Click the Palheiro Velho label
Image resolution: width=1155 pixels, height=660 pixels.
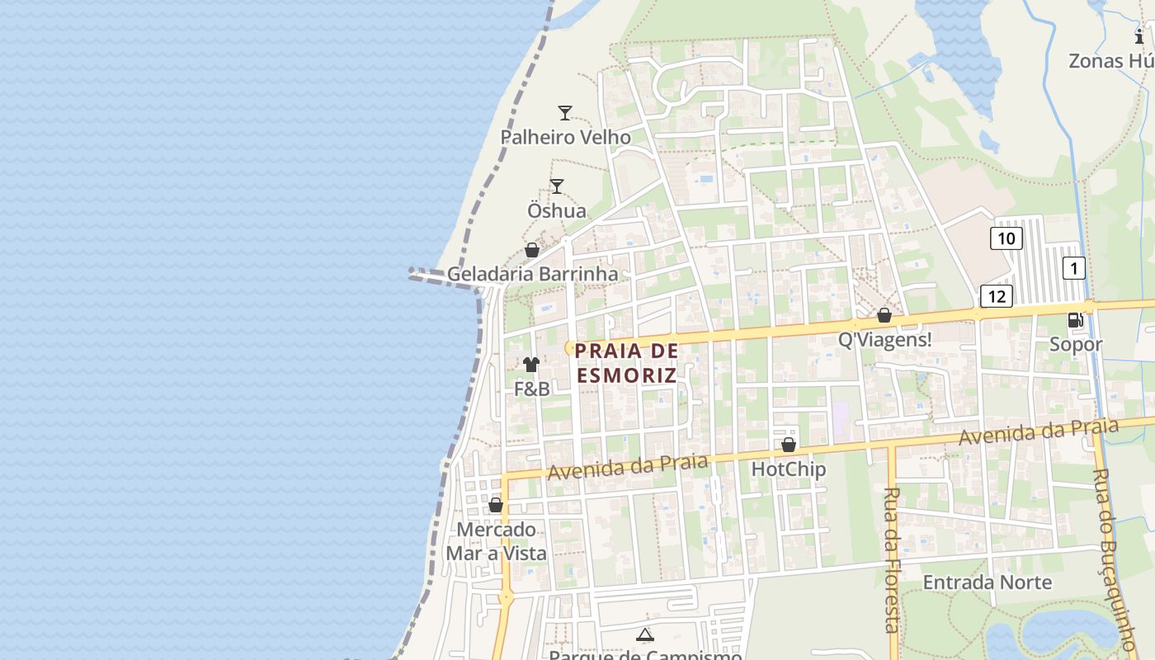pos(565,137)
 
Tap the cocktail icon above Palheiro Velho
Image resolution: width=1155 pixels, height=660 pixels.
pos(565,113)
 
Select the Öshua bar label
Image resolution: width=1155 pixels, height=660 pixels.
pos(557,210)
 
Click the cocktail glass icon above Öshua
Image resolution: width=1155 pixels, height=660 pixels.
pos(557,186)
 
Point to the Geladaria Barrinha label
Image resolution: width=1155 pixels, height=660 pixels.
pos(532,274)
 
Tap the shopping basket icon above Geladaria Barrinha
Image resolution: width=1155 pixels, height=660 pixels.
pos(532,250)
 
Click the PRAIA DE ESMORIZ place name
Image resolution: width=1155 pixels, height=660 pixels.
pos(626,363)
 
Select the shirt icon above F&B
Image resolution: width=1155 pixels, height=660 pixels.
pos(531,364)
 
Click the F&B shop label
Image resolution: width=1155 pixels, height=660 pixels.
pos(531,389)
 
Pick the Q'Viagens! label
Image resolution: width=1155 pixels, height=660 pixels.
pos(884,339)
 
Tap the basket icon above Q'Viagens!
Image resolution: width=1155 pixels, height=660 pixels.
pos(884,315)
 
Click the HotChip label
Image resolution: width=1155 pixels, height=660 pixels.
pos(788,469)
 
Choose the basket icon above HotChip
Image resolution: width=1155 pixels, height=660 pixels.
pos(788,445)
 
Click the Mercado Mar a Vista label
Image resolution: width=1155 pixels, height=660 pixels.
pos(496,541)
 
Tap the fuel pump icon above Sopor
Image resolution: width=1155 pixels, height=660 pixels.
pos(1076,320)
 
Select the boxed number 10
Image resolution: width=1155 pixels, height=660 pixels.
pos(1006,239)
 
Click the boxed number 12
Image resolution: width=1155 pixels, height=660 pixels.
pos(996,296)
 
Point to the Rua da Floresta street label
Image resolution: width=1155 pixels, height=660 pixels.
pos(891,559)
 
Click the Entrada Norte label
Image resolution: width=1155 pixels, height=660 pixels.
pos(987,582)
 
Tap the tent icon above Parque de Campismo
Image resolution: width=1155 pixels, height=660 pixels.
pos(645,634)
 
